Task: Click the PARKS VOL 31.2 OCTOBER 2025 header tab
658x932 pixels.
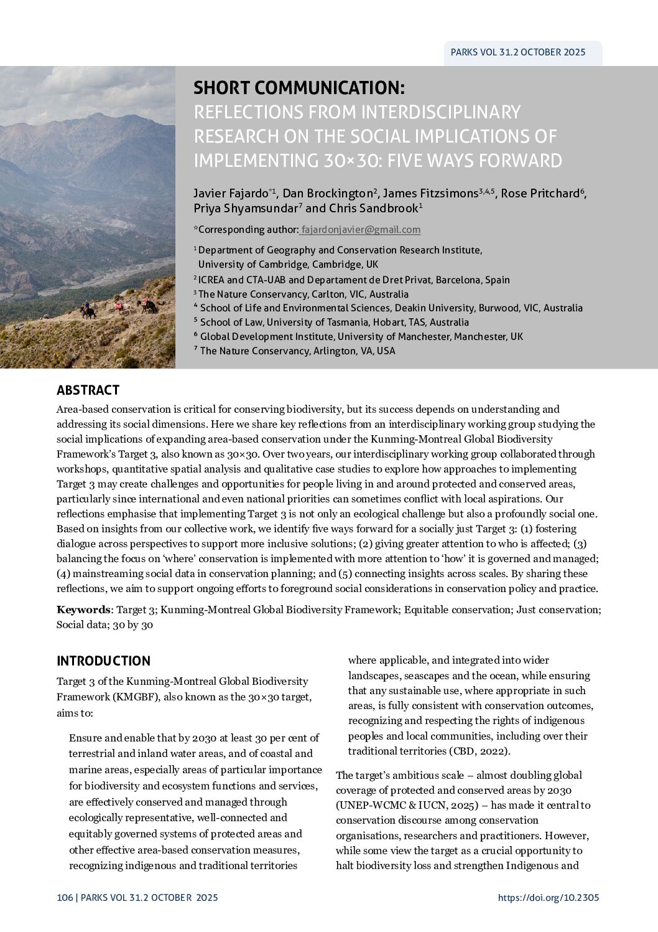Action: point(518,52)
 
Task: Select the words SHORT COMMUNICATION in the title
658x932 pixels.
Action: point(299,87)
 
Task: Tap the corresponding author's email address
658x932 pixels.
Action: point(360,230)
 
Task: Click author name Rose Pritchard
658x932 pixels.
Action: point(540,194)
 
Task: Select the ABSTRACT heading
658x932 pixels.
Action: point(88,390)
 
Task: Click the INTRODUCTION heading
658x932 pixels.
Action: point(103,661)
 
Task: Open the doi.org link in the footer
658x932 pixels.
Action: point(548,898)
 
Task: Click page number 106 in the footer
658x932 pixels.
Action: point(64,898)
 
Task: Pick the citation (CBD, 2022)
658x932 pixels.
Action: point(480,751)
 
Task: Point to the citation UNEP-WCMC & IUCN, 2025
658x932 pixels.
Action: point(397,806)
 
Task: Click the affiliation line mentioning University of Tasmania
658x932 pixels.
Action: point(334,322)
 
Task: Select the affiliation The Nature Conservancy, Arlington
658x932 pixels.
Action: point(297,351)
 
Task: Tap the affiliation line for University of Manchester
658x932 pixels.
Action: point(361,337)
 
